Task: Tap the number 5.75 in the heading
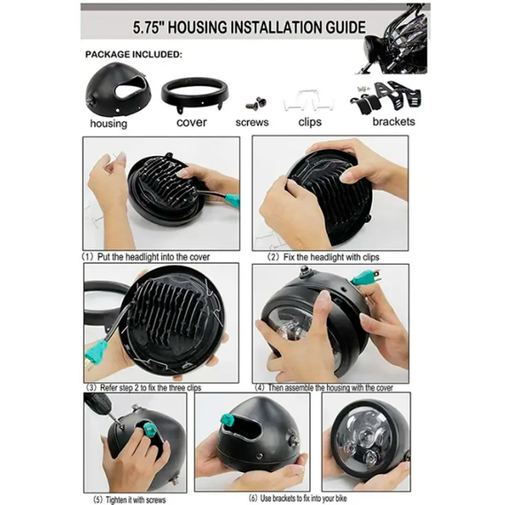tap(146, 27)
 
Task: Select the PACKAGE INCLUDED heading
tap(134, 54)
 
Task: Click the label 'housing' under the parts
tap(109, 124)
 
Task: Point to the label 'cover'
tap(191, 122)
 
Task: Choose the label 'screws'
tap(252, 122)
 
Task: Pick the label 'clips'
tap(310, 122)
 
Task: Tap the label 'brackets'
tap(393, 121)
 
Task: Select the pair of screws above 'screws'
tap(256, 104)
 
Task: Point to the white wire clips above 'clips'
tap(308, 100)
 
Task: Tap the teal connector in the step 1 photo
tap(232, 200)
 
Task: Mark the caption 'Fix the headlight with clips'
tap(331, 257)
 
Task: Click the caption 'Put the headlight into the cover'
tap(153, 257)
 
